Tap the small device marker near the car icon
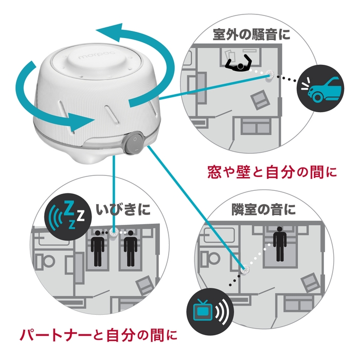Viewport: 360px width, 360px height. (269, 75)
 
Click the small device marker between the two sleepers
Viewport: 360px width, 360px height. (114, 232)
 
